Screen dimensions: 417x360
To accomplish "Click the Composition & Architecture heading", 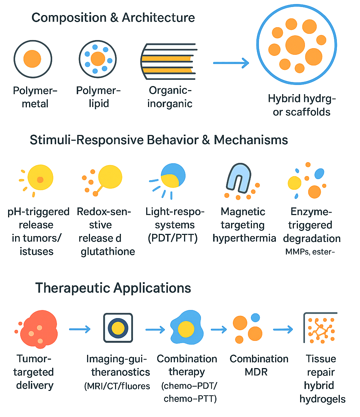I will coord(113,17).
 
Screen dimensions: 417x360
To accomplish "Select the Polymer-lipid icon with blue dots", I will coord(98,59).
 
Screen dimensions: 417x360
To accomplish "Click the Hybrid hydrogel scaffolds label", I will coord(302,105).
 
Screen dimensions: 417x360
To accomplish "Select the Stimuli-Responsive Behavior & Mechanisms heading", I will coord(158,140).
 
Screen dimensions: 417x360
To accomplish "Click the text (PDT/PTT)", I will coord(172,238).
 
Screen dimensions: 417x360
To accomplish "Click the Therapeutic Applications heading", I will coord(113,288).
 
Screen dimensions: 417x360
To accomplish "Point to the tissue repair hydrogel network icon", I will coord(320,328).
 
